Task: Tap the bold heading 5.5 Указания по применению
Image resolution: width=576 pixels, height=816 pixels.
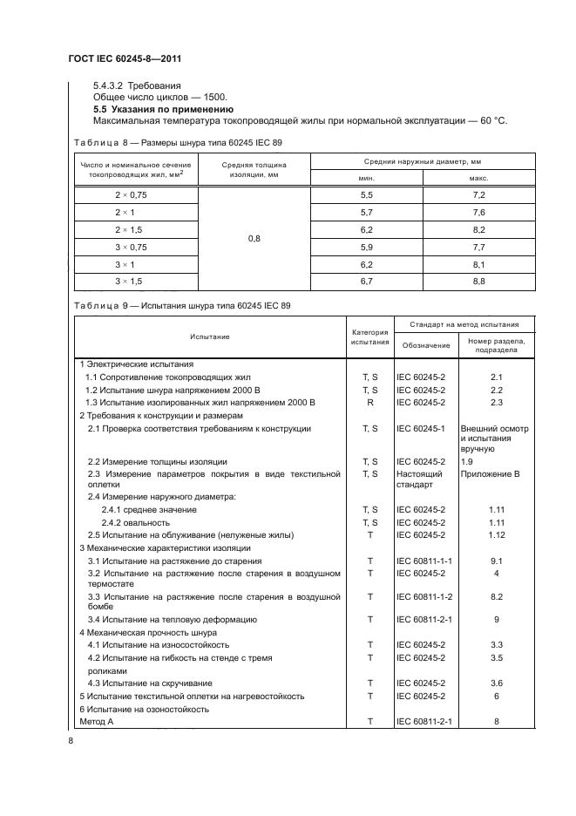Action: pos(161,110)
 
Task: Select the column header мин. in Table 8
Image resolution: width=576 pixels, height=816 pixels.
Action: pos(366,178)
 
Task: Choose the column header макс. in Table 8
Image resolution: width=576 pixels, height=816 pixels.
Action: pos(478,178)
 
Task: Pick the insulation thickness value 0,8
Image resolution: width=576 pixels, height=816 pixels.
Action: pos(254,238)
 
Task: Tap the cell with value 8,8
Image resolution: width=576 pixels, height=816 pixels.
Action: pos(478,281)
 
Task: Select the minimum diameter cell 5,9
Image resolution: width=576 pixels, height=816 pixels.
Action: pos(366,247)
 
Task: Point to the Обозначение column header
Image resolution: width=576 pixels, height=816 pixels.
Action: pos(425,345)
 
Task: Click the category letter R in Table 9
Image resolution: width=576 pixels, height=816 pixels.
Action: pos(369,403)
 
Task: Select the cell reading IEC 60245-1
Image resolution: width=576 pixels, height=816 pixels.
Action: pos(421,429)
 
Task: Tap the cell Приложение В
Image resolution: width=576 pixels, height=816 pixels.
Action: pos(495,473)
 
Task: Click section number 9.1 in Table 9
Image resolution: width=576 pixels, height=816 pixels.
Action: pos(495,561)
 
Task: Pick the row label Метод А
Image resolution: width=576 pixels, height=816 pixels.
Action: pos(97,722)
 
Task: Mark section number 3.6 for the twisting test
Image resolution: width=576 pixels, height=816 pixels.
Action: pos(495,683)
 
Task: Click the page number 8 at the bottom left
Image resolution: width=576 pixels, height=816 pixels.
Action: pos(71,741)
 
